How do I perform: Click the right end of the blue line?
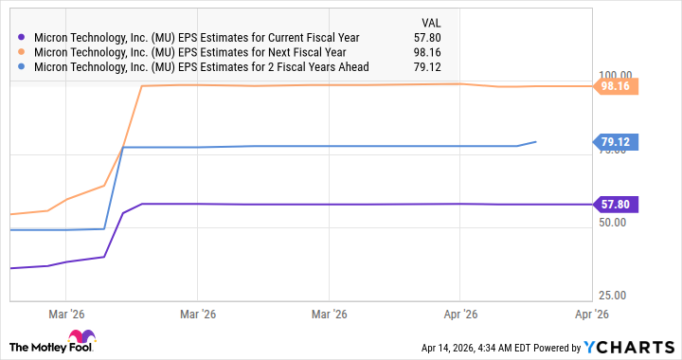pyautogui.click(x=536, y=142)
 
